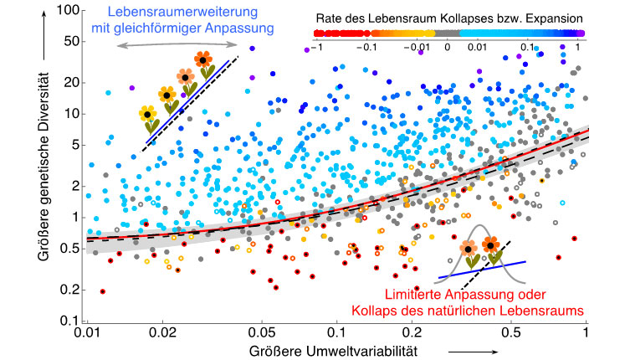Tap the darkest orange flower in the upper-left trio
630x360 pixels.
[x=203, y=60]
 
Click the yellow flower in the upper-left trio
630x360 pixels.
[x=148, y=114]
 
